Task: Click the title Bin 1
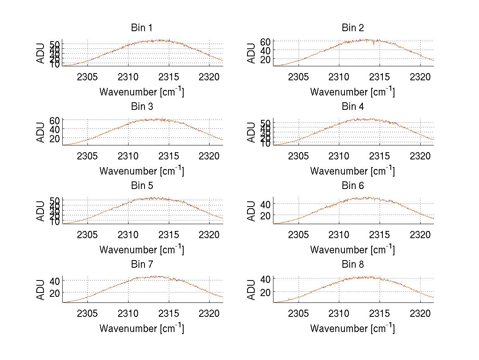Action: (142, 28)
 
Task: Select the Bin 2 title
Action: (353, 28)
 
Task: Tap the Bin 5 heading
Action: (142, 186)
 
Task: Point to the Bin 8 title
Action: (353, 265)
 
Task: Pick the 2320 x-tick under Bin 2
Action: (420, 77)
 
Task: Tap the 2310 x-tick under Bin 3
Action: (128, 155)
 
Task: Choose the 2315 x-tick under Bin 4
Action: (380, 155)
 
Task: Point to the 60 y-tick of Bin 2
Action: (266, 42)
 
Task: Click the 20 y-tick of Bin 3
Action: (55, 138)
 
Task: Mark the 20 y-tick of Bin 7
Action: (55, 293)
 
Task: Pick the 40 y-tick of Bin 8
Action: (266, 278)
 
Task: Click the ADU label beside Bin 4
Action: (251, 132)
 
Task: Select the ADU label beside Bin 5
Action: (41, 211)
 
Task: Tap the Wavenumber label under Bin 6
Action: (353, 250)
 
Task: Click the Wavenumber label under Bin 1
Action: (142, 92)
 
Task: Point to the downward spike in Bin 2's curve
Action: (374, 44)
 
